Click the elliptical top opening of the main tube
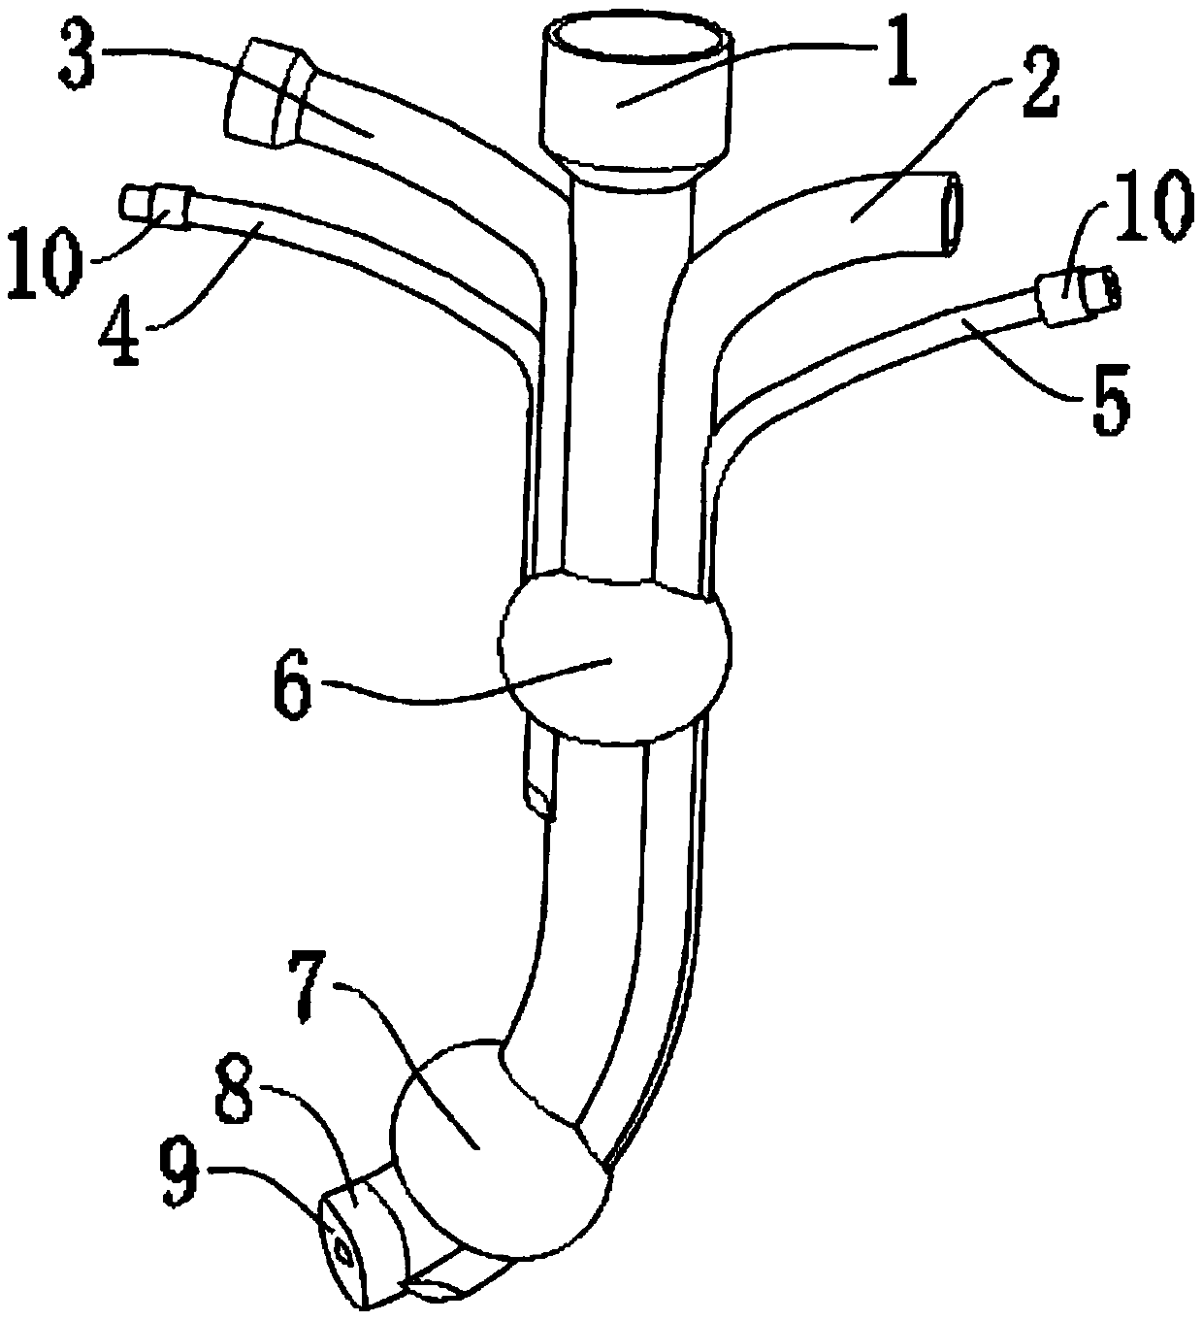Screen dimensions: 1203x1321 point(637,39)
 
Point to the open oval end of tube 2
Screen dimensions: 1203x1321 point(951,215)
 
